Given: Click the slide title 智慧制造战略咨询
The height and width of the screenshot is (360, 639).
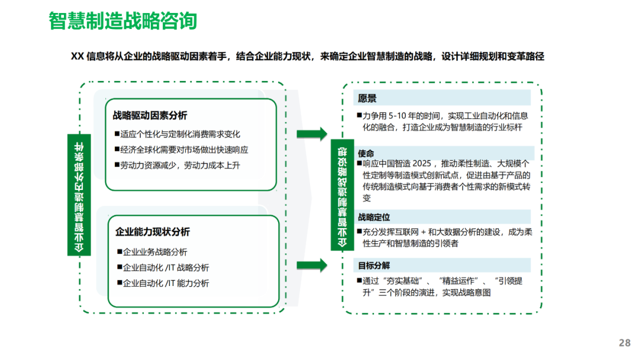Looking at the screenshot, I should [x=122, y=21].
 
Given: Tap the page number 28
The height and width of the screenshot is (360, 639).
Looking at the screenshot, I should [x=624, y=343].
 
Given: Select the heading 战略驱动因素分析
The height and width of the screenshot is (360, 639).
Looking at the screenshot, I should [x=150, y=115].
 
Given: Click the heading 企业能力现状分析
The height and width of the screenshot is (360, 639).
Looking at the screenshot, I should [x=153, y=232].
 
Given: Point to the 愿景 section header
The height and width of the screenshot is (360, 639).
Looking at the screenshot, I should [x=367, y=98].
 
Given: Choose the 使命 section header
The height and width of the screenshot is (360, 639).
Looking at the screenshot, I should [x=366, y=153].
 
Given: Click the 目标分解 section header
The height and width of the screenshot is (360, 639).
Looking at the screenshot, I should [x=374, y=265].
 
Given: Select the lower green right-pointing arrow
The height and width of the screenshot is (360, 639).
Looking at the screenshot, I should [x=311, y=265].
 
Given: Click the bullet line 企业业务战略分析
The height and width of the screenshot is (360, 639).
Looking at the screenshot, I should [x=155, y=252].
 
